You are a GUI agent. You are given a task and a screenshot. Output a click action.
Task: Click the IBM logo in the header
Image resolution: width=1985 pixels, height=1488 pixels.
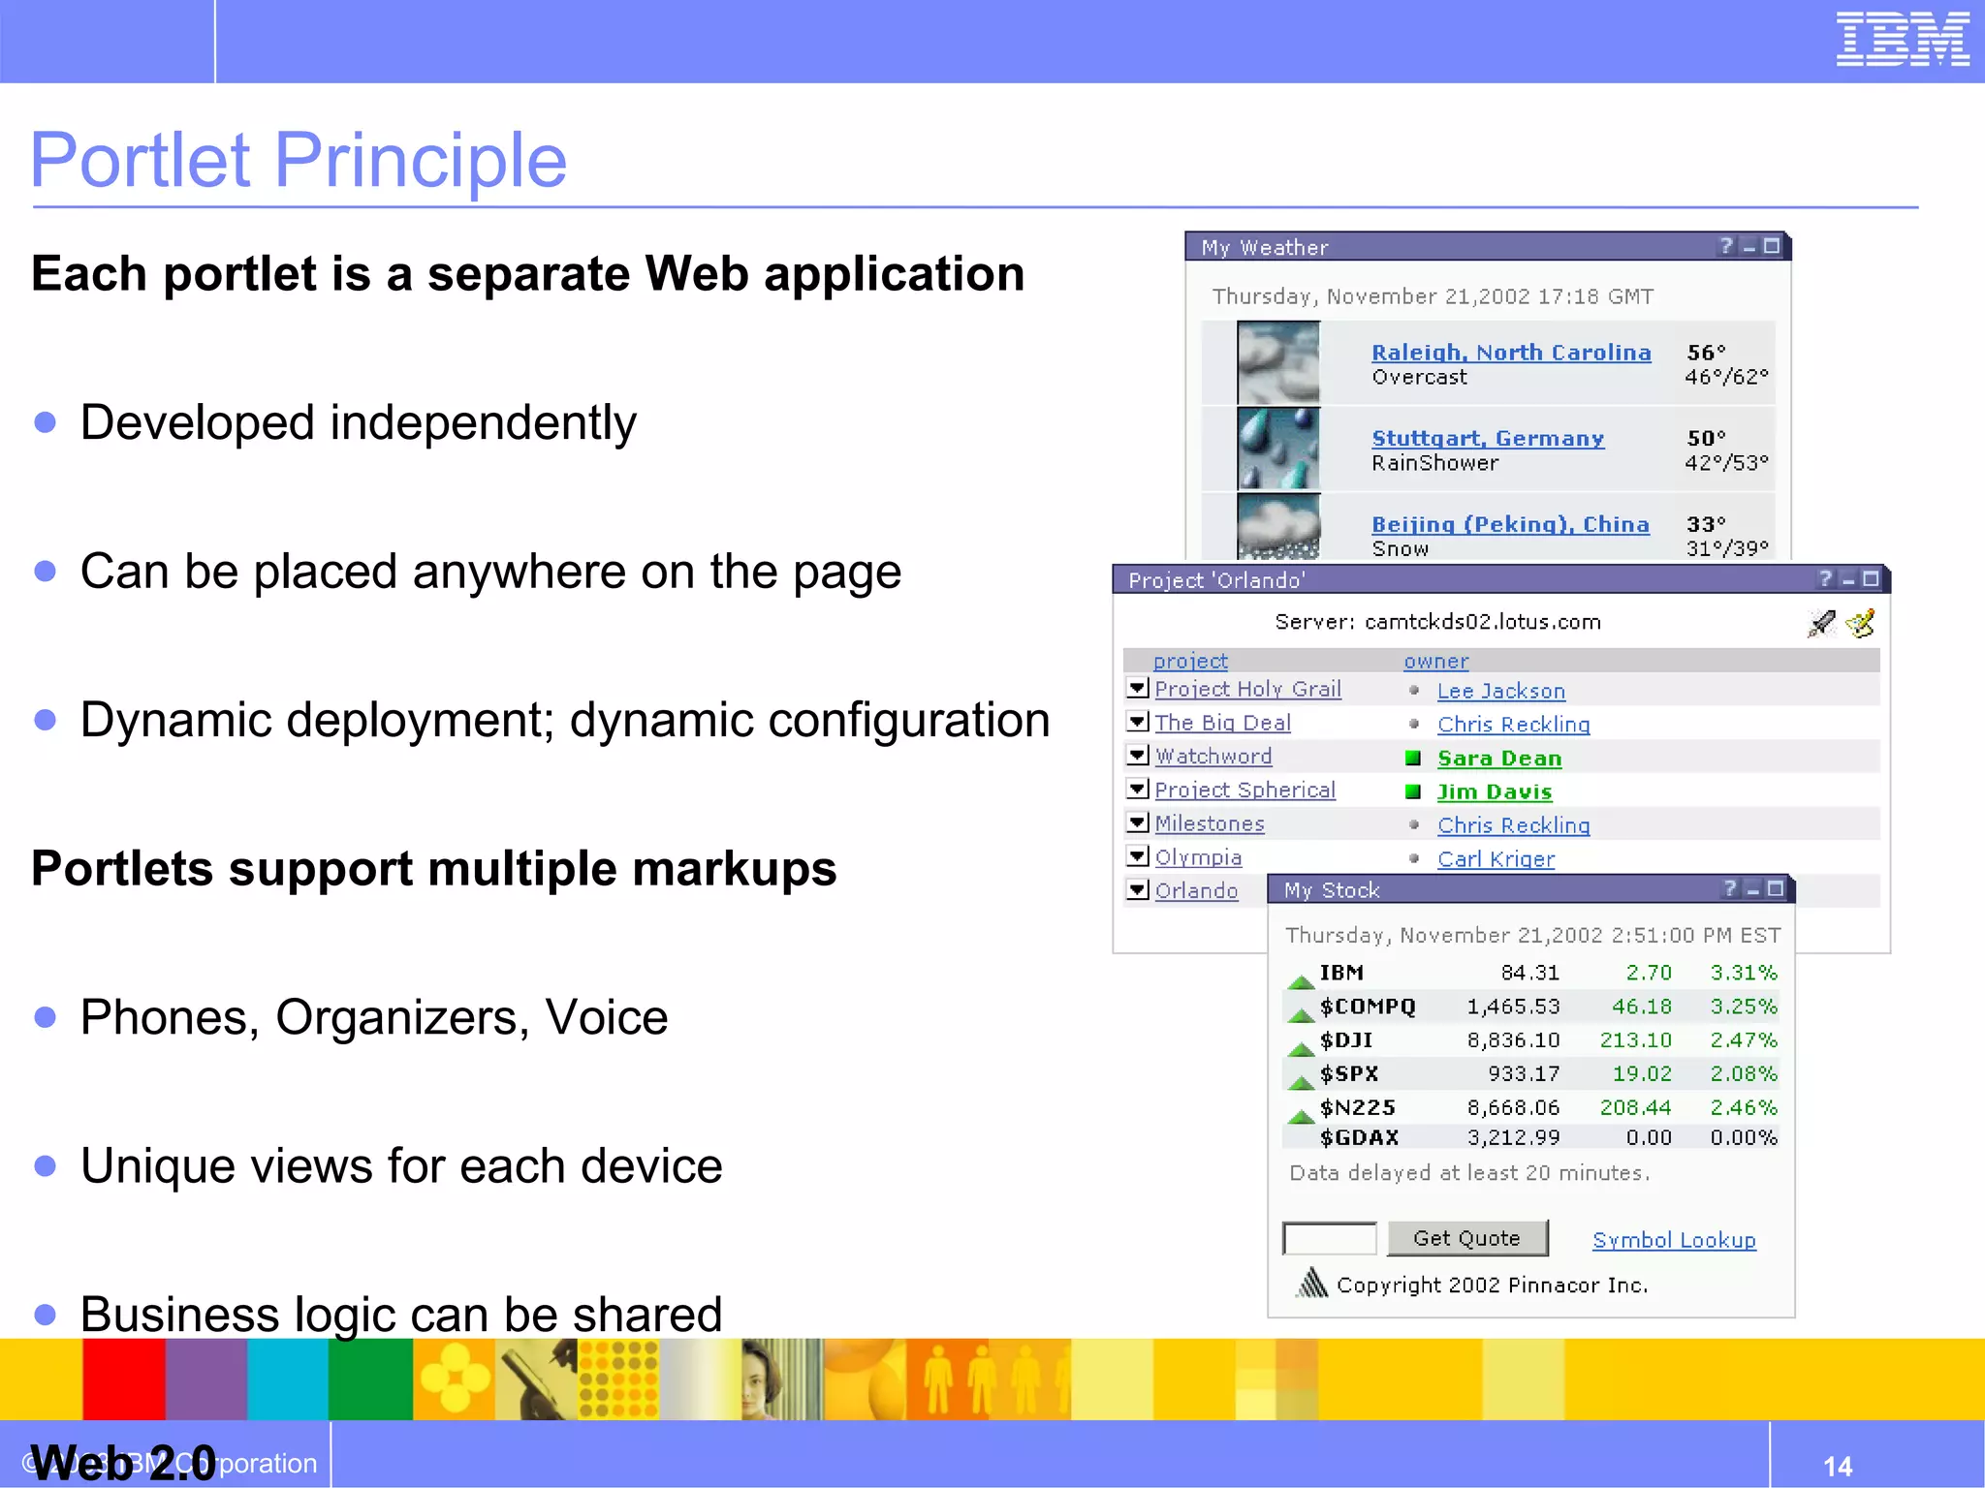(1902, 40)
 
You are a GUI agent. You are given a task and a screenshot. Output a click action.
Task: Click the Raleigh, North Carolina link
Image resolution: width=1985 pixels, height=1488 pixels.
(1510, 353)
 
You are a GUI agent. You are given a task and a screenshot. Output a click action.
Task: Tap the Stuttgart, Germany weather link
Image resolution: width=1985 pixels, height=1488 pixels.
(1487, 439)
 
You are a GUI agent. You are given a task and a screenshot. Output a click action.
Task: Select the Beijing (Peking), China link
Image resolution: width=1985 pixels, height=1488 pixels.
(1509, 524)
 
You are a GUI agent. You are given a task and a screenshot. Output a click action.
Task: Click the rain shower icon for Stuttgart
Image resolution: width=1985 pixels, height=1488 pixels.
(1278, 449)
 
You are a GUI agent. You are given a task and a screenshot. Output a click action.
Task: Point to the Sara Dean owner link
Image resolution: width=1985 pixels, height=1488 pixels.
(1498, 759)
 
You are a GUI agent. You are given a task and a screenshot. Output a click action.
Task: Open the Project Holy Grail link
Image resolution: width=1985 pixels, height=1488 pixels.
(1247, 689)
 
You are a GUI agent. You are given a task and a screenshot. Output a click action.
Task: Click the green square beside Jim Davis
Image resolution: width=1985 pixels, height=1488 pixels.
(1413, 792)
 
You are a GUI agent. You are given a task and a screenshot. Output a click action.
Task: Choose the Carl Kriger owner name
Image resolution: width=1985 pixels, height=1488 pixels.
(1495, 859)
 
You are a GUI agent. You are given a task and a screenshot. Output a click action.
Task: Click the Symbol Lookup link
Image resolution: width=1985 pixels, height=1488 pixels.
(1673, 1240)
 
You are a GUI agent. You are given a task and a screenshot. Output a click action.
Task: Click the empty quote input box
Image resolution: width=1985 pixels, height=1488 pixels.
(1329, 1238)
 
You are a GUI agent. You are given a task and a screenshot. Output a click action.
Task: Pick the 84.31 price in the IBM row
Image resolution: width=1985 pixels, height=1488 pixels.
(1529, 973)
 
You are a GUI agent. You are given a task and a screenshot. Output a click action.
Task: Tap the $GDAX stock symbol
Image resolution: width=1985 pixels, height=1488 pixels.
(1358, 1137)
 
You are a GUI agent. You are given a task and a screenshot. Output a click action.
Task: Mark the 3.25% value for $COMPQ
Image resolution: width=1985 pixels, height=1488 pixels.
(1743, 1007)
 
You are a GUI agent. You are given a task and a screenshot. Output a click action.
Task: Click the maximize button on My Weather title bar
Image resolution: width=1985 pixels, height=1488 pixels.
(1772, 246)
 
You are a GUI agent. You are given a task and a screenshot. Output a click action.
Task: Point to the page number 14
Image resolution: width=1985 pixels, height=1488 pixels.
(1837, 1466)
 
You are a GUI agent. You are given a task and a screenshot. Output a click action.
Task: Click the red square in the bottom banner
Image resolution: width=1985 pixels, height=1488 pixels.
(123, 1379)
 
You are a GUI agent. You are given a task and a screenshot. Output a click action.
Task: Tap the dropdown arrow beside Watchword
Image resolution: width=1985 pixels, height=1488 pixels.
(1138, 756)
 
